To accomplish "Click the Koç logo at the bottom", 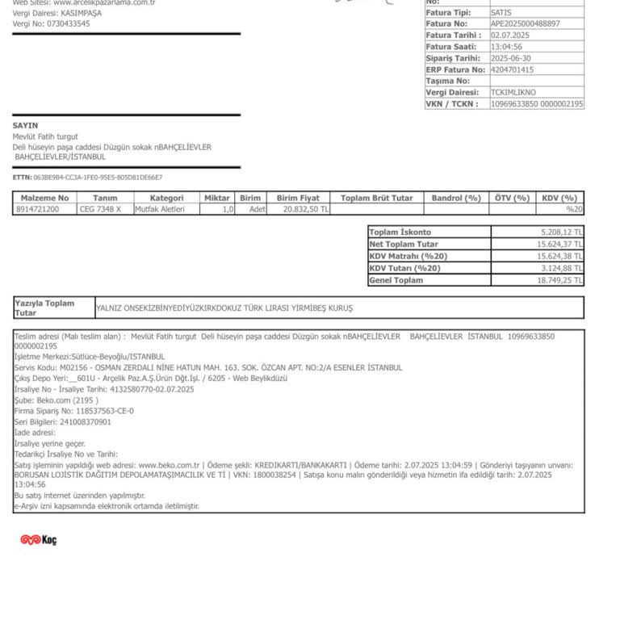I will click(x=38, y=539).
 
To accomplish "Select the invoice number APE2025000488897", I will click(x=525, y=24).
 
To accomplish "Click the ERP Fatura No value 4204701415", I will click(x=512, y=69).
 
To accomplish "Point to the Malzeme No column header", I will click(x=44, y=198).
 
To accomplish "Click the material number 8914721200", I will click(x=37, y=209).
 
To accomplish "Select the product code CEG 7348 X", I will click(x=100, y=209).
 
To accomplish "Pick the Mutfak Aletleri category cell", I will click(x=160, y=209).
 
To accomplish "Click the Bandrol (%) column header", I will click(x=456, y=198).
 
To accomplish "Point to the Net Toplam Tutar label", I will click(x=404, y=244).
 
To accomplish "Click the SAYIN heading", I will click(x=25, y=126).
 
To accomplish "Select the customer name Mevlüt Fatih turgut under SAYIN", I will click(x=45, y=136).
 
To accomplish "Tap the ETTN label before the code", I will click(x=22, y=177).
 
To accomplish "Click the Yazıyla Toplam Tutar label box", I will click(x=53, y=308).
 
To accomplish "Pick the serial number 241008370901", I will click(x=85, y=421).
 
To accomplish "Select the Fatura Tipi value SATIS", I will click(x=501, y=13).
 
